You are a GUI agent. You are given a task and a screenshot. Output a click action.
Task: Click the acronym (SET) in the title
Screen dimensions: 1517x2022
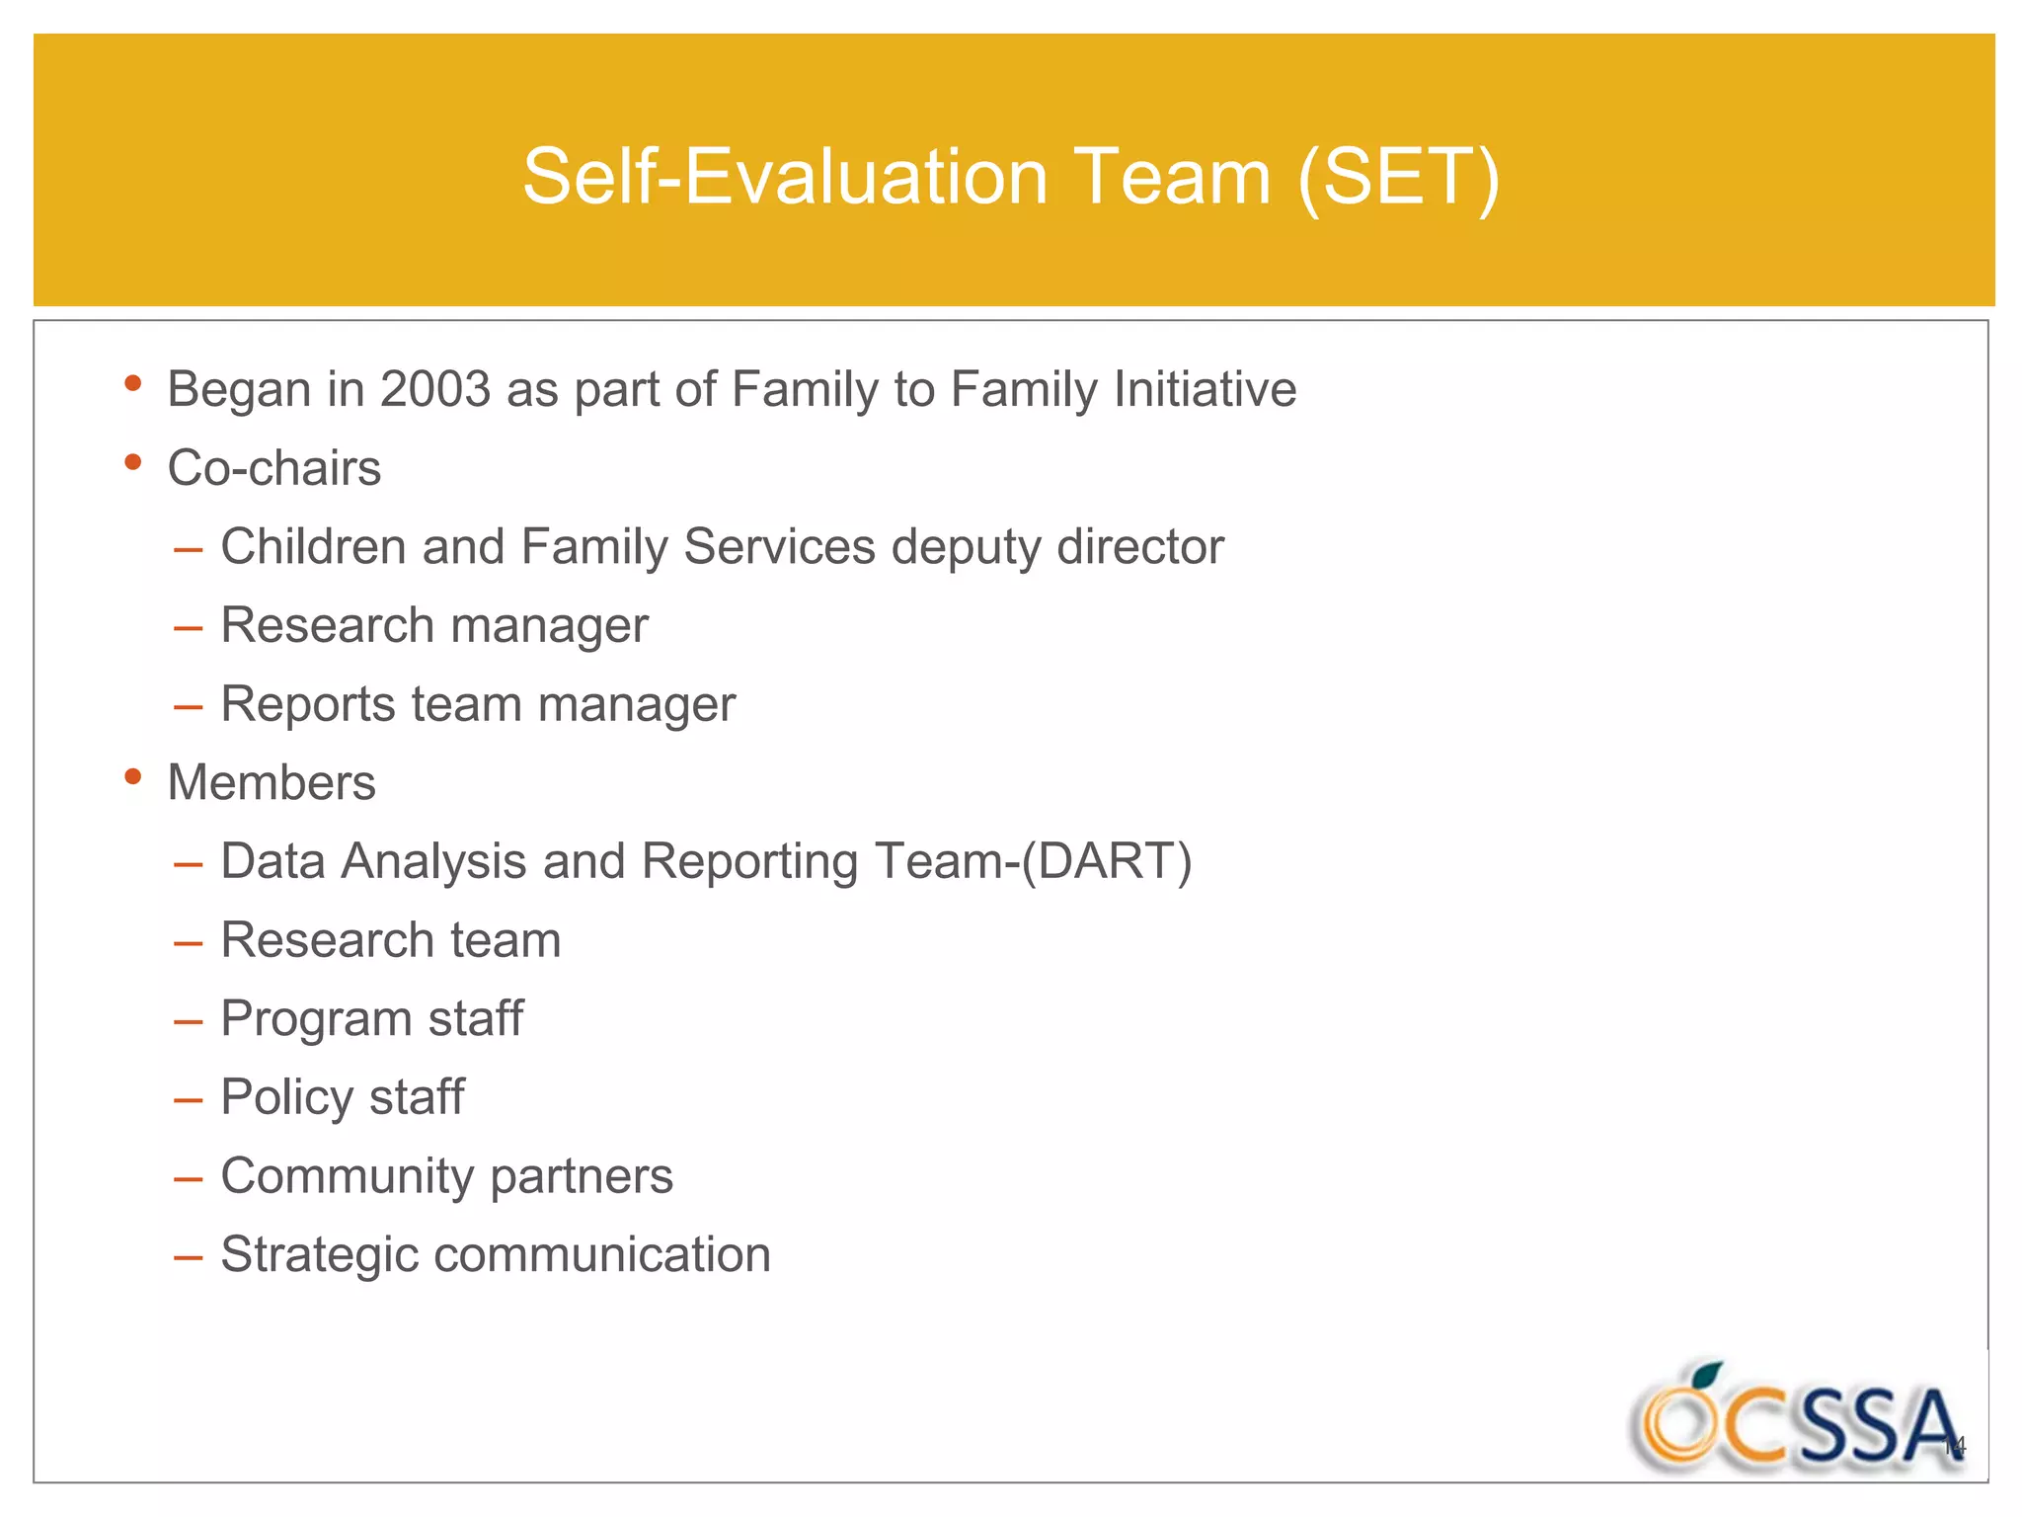point(1399,178)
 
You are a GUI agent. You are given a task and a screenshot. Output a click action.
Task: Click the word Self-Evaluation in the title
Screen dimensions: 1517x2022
point(784,178)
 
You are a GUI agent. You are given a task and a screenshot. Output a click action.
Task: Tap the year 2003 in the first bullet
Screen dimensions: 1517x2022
point(435,389)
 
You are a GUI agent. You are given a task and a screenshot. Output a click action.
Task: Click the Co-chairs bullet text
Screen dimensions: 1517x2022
point(274,468)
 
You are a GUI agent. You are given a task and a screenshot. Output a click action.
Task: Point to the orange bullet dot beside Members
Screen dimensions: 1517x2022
point(133,777)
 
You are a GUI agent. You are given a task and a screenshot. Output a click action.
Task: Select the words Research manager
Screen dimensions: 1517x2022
point(434,626)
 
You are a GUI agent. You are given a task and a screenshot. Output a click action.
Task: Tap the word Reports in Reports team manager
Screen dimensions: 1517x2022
point(308,705)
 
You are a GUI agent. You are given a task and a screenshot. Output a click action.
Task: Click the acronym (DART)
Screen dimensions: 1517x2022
point(1106,861)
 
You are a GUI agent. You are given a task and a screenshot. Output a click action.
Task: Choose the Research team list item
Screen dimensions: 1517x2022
point(391,940)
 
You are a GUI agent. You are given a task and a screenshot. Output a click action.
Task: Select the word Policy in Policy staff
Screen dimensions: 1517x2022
point(286,1098)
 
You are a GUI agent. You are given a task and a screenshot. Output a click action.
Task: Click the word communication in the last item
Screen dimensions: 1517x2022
point(602,1255)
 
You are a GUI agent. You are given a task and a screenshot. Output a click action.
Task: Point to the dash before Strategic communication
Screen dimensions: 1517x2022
point(188,1257)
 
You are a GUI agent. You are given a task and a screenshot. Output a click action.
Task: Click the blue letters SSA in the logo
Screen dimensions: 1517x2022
point(1876,1427)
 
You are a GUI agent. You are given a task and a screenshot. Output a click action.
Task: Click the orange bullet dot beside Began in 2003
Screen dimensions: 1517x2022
point(133,384)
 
